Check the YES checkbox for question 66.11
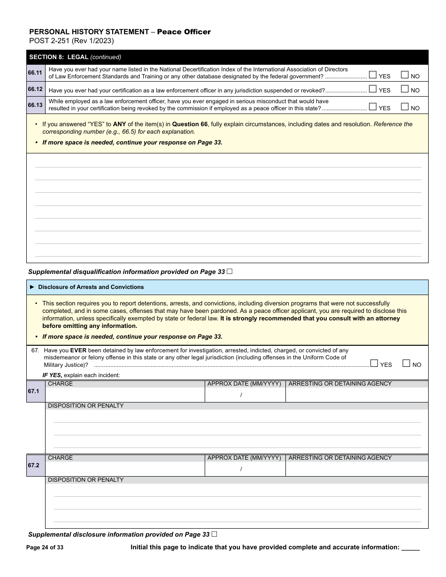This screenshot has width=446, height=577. pyautogui.click(x=373, y=74)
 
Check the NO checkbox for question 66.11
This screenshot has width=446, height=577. pyautogui.click(x=405, y=74)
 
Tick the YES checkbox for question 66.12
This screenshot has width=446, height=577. pyautogui.click(x=373, y=89)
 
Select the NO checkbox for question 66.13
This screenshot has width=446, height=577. pyautogui.click(x=405, y=106)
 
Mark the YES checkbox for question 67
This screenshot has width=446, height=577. pyautogui.click(x=374, y=363)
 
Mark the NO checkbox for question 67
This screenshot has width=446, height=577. pyautogui.click(x=407, y=363)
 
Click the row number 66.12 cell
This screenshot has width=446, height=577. pyautogui.click(x=35, y=89)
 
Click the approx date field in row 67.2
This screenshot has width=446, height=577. pyautogui.click(x=245, y=469)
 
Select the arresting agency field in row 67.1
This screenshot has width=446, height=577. pyautogui.click(x=356, y=395)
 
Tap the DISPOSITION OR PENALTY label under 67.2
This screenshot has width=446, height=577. pyautogui.click(x=86, y=480)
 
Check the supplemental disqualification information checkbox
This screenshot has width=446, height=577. pyautogui.click(x=230, y=271)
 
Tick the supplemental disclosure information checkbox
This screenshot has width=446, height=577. pyautogui.click(x=215, y=534)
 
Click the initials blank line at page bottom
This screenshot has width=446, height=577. pyautogui.click(x=410, y=547)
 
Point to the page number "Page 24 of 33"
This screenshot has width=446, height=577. pyautogui.click(x=45, y=547)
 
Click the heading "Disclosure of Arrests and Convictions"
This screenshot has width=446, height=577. pyautogui.click(x=91, y=287)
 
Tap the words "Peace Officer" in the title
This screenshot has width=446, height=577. pyautogui.click(x=184, y=32)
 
